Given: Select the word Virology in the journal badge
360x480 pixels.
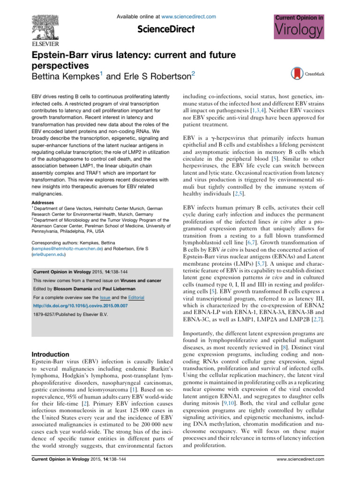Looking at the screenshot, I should (x=298, y=31).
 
